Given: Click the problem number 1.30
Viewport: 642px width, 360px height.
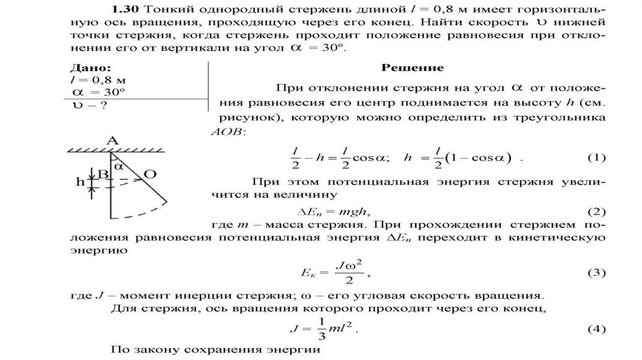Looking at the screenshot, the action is point(124,10).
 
